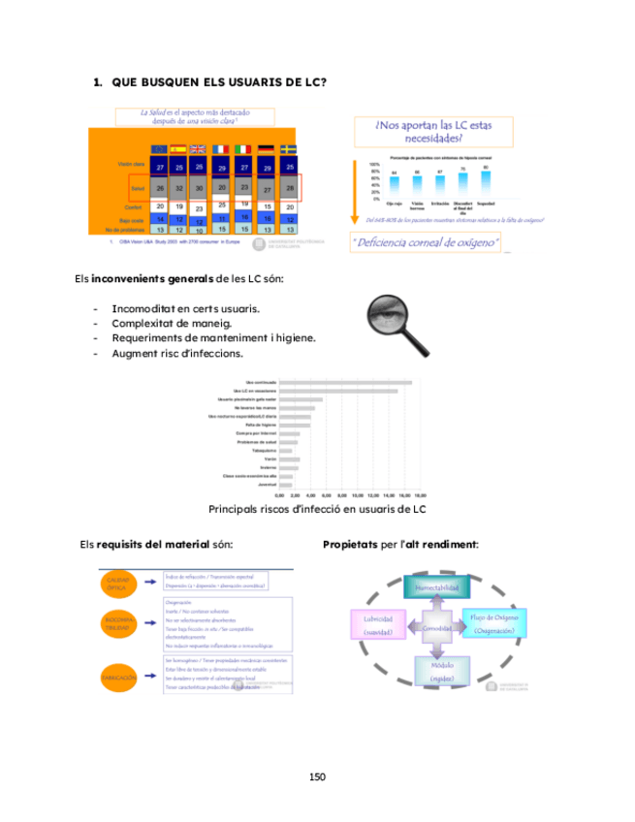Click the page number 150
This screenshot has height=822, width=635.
coord(317,775)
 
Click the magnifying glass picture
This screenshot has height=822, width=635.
coord(398,324)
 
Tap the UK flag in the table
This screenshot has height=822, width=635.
coord(198,149)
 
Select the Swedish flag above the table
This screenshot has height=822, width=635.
coord(288,149)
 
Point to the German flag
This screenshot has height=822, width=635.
coord(266,149)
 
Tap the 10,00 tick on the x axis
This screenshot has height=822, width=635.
coord(358,495)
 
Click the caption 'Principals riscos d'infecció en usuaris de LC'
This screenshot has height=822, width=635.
coord(317,509)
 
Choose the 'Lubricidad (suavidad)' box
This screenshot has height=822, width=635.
coord(378,625)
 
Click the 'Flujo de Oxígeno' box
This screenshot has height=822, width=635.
coord(494,623)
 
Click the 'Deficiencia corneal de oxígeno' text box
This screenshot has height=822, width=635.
coord(427,241)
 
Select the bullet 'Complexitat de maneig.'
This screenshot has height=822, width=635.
coord(172,323)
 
